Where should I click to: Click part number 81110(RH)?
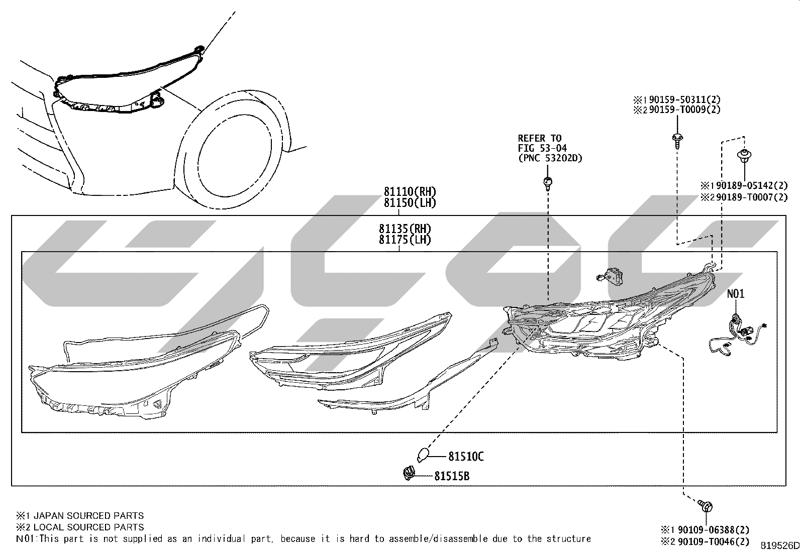(x=410, y=192)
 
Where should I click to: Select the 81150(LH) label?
(x=410, y=203)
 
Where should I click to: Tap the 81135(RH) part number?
(x=405, y=229)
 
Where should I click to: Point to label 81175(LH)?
(x=405, y=240)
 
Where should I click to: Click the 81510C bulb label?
(x=466, y=456)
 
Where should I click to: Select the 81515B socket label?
(x=452, y=476)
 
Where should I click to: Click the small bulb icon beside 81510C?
(x=423, y=455)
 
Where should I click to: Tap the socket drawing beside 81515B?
(x=409, y=473)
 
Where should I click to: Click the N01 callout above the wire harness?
(x=736, y=294)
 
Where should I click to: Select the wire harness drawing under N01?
(x=736, y=334)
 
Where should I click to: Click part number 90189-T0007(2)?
(x=752, y=197)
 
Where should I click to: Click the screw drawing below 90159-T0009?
(x=677, y=141)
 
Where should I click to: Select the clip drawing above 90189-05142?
(x=744, y=156)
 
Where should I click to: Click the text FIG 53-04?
(x=542, y=148)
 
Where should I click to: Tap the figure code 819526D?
(x=780, y=545)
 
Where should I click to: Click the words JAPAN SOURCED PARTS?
(x=88, y=515)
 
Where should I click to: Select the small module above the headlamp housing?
(x=610, y=276)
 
